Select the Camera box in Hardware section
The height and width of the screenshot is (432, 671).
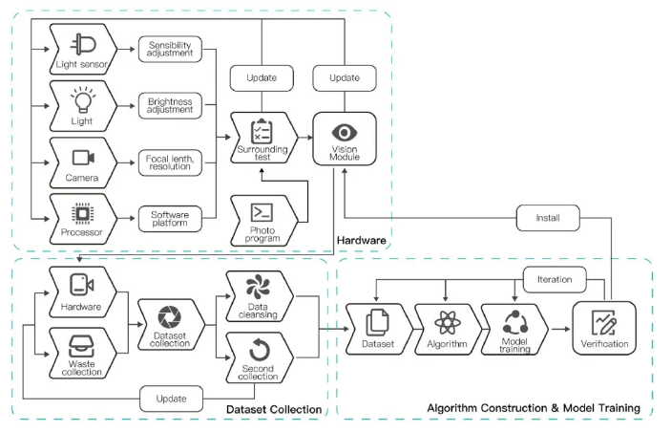point(82,162)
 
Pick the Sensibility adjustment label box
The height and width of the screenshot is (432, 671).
point(171,49)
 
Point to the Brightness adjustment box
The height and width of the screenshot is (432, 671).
point(171,105)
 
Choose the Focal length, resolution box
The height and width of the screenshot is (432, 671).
point(171,162)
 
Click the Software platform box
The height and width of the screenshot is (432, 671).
point(171,219)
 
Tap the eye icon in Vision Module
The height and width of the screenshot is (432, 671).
point(344,131)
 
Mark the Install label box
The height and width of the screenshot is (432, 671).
point(547,218)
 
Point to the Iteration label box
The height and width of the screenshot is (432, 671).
point(554,279)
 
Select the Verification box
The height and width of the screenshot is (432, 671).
point(603,330)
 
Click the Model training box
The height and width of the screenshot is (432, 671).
point(514,330)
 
